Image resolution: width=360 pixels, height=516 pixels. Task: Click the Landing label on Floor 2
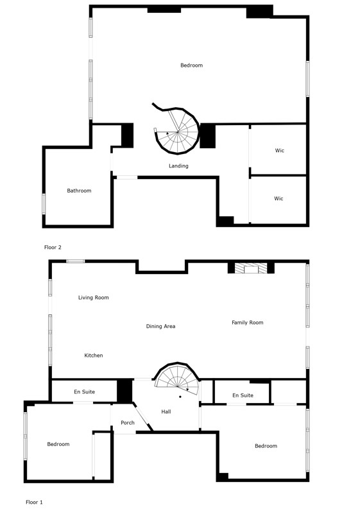click(178, 166)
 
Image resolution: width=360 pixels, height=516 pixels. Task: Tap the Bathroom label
click(79, 191)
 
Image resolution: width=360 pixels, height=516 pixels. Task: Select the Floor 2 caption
click(53, 247)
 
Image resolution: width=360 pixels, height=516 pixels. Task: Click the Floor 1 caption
click(34, 502)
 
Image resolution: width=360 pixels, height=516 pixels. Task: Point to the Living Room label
click(94, 298)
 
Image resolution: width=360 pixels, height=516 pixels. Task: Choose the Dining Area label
click(160, 326)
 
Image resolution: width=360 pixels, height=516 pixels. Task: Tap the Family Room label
click(248, 322)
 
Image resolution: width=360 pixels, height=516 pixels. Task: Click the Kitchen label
click(94, 356)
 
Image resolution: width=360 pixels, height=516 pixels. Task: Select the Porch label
click(127, 422)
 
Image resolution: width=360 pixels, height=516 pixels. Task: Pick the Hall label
click(166, 411)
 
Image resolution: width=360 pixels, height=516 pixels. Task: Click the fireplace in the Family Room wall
click(252, 268)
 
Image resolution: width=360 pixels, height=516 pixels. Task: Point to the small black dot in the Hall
click(180, 397)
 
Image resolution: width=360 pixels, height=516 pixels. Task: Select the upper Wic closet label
click(279, 150)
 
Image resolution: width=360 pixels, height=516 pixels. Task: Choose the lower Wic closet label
click(279, 198)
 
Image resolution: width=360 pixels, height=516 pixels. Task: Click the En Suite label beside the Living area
click(84, 391)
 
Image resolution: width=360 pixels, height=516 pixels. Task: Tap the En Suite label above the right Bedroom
click(243, 395)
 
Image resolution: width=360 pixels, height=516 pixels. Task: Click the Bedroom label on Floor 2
click(191, 65)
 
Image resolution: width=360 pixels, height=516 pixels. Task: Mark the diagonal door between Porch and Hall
click(143, 417)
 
